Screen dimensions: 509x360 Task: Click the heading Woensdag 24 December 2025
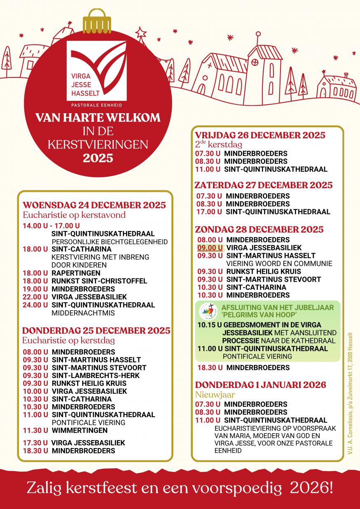(94, 205)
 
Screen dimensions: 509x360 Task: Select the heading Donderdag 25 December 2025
(96, 331)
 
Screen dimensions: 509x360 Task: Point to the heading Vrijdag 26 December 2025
(260, 135)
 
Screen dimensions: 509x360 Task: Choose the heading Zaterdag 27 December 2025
(264, 185)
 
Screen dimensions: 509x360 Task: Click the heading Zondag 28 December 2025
(259, 229)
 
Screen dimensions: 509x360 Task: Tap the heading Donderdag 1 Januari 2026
(261, 385)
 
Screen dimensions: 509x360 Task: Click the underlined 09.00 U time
(210, 248)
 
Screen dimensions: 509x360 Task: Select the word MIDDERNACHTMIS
(77, 313)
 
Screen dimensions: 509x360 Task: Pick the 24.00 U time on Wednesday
(35, 305)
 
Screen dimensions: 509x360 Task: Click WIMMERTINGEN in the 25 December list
(79, 430)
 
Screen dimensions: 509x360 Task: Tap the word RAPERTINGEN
(76, 273)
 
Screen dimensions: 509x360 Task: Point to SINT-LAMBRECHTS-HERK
(96, 376)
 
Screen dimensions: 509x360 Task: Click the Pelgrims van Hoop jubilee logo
(207, 311)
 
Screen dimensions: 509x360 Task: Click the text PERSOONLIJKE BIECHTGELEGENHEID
(110, 242)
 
